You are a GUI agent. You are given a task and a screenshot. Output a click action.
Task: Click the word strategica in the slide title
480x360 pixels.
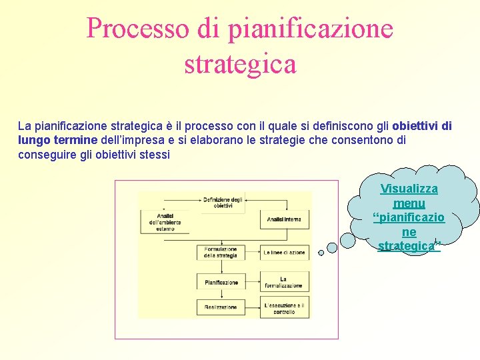coord(240,65)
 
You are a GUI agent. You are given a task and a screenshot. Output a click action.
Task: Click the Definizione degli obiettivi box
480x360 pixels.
coord(223,202)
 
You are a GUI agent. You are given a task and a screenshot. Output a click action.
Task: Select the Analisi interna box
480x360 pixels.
coord(285,219)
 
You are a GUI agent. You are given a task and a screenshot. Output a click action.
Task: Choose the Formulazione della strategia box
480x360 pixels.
coord(221,252)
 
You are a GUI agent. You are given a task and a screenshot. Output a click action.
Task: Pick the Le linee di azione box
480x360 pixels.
coord(285,253)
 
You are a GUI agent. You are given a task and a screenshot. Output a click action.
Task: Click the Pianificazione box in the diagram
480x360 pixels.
coord(221,282)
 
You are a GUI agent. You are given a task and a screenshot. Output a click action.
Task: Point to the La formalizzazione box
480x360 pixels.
coord(285,282)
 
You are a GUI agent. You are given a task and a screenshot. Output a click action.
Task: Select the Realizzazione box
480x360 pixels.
coord(221,307)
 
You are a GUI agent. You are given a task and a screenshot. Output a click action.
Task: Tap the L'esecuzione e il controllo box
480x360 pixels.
coord(285,307)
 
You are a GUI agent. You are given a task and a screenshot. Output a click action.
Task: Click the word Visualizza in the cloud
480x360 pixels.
coord(409,189)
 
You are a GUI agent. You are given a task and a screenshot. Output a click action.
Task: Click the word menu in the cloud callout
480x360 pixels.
coord(409,203)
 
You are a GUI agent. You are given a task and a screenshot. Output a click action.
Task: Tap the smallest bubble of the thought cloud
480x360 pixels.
coord(321,253)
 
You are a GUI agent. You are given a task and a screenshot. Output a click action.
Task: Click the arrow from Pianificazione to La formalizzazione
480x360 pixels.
coord(253,282)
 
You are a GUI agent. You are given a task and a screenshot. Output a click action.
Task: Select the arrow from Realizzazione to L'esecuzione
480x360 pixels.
coord(253,307)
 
